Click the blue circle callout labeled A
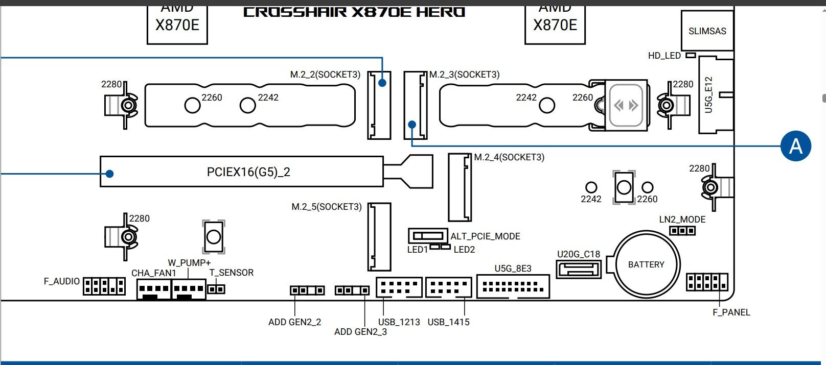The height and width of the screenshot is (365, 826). tap(795, 146)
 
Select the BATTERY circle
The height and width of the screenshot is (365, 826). tap(647, 264)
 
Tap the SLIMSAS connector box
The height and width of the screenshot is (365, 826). tap(707, 31)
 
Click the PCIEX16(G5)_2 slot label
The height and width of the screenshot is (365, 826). tap(248, 172)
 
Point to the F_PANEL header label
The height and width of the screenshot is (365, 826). tap(731, 312)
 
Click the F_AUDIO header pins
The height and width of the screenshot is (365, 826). tap(104, 286)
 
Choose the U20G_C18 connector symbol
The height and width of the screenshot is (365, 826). tap(578, 269)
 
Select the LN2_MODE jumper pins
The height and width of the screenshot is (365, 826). tap(682, 231)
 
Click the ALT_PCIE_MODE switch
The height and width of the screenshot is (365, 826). tap(428, 236)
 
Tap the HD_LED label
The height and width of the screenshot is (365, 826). tap(664, 56)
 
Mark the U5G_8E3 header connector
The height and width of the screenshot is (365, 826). tap(513, 286)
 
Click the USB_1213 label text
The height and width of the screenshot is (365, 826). tap(399, 322)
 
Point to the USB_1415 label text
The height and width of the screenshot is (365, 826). tap(448, 322)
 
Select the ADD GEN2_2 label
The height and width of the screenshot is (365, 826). tap(294, 322)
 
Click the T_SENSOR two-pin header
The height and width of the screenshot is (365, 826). tap(217, 289)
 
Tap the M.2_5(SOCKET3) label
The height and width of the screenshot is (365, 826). tap(326, 207)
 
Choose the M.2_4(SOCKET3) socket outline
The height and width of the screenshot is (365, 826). tap(460, 187)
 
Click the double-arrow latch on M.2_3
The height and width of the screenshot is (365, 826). tap(626, 106)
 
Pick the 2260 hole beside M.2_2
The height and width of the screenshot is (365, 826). tap(192, 105)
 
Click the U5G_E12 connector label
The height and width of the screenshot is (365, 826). tap(708, 95)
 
